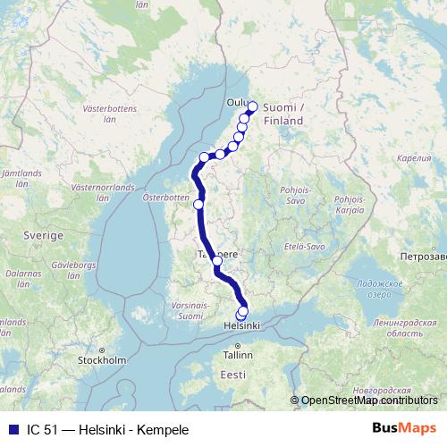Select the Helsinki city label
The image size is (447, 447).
tap(240, 326)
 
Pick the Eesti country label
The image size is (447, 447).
tap(233, 374)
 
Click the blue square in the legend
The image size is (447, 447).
tap(12, 429)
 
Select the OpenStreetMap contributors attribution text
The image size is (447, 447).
tap(368, 401)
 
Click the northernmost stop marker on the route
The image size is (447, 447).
tap(252, 106)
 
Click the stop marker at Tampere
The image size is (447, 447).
tap(217, 261)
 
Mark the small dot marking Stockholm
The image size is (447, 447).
tap(102, 350)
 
